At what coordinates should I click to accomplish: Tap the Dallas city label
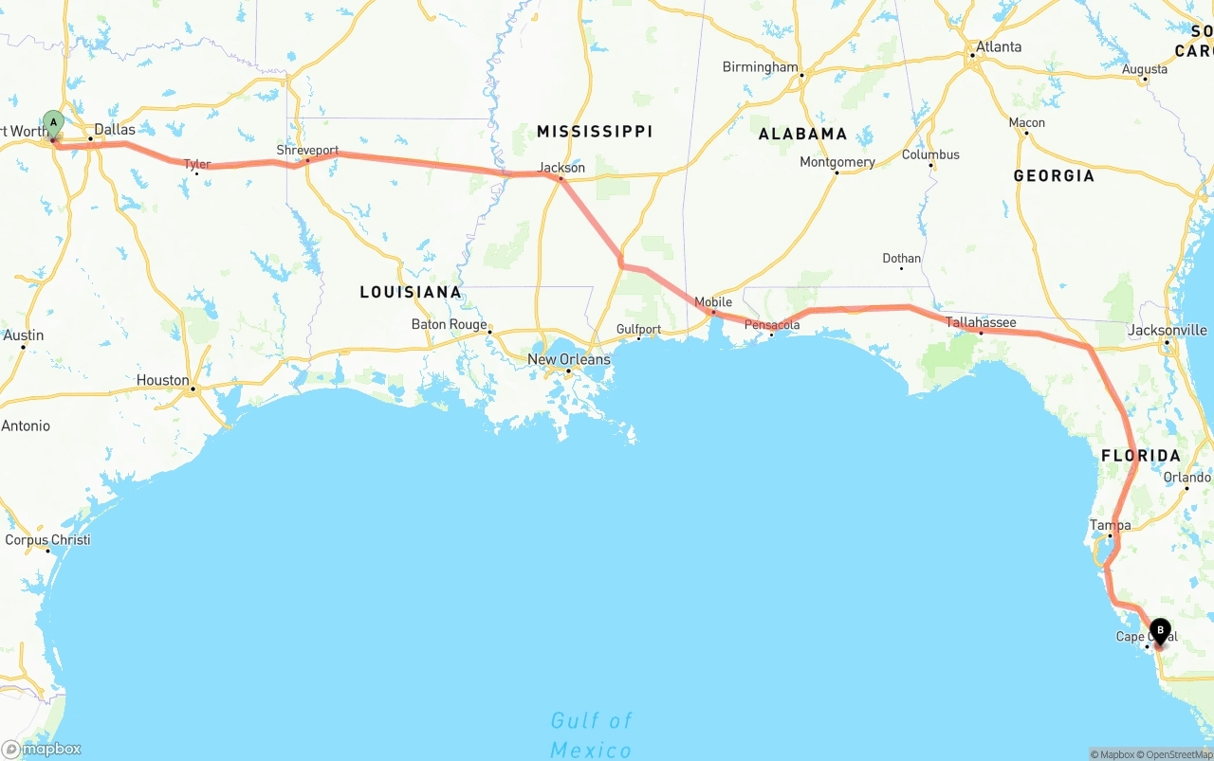[115, 129]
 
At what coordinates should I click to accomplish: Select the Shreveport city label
[307, 151]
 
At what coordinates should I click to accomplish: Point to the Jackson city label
[561, 168]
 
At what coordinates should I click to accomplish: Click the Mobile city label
[713, 302]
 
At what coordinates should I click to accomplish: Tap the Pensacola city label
[772, 325]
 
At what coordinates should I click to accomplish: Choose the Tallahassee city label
[981, 323]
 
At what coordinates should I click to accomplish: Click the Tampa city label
[1110, 525]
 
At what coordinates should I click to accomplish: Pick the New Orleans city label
[569, 359]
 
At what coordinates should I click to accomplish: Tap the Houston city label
[163, 380]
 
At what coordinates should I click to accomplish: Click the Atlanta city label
[1000, 46]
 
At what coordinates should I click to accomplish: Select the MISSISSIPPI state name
[595, 131]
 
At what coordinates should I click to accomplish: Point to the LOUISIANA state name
[411, 292]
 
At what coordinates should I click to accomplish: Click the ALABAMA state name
[802, 134]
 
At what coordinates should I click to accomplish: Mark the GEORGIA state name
[1054, 175]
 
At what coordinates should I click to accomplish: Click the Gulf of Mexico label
[591, 735]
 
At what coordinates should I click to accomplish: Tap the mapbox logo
[42, 749]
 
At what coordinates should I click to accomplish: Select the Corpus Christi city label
[47, 540]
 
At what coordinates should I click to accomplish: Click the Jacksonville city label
[1168, 330]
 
